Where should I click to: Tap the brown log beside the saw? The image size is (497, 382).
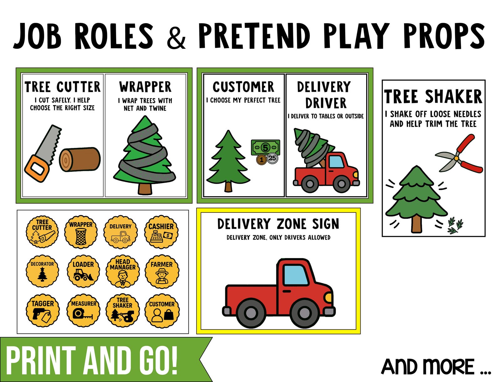[x=80, y=159]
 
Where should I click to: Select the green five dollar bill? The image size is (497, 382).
[x=265, y=147]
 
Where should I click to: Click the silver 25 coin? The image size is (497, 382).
[x=272, y=158]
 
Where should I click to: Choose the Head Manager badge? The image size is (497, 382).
[x=122, y=272]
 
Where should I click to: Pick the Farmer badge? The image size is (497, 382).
[x=161, y=272]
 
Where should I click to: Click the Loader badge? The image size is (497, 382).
[x=83, y=272]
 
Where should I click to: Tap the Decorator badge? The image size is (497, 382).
[x=42, y=272]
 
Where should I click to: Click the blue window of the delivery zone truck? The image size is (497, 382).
[x=295, y=275]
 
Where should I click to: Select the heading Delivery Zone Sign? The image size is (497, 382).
[x=278, y=224]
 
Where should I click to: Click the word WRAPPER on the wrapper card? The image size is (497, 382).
[x=145, y=87]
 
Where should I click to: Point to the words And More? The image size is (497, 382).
[x=436, y=367]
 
